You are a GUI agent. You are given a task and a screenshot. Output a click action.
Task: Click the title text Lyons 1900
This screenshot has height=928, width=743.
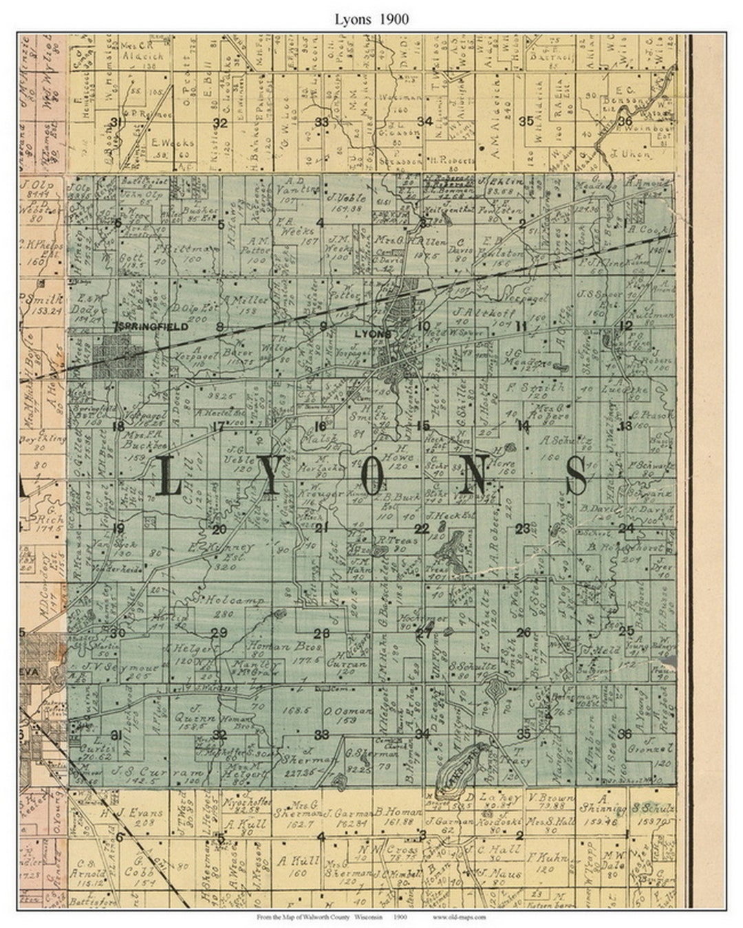coord(371,19)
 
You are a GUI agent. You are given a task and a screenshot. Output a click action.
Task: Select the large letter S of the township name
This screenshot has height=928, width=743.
coord(577,475)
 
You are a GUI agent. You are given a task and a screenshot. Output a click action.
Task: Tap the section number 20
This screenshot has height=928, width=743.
coord(219,529)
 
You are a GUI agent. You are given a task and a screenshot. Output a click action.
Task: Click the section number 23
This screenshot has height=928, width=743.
coord(522,528)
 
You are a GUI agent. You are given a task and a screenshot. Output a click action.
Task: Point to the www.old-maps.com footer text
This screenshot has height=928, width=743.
coord(459,918)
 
